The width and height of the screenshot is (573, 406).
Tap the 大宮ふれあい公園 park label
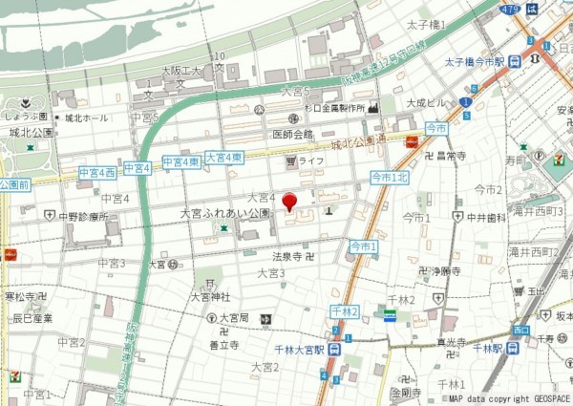[226, 215]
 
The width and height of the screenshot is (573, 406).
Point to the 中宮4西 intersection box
[97, 171]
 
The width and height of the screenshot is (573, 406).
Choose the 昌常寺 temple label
[451, 155]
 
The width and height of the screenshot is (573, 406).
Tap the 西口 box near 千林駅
[520, 330]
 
